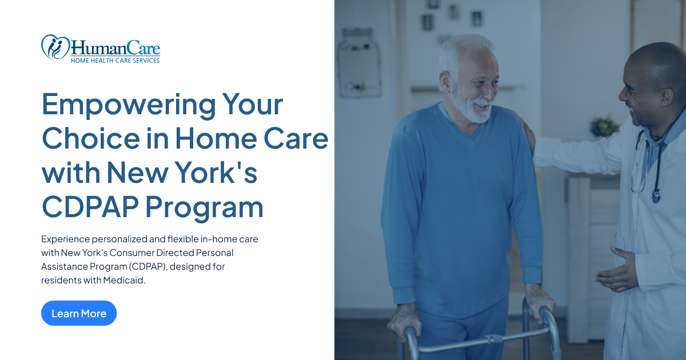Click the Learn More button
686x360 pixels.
(79, 313)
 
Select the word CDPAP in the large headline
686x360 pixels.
(91, 207)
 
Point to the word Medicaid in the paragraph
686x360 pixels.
(124, 280)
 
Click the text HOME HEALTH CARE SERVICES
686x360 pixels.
(115, 60)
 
